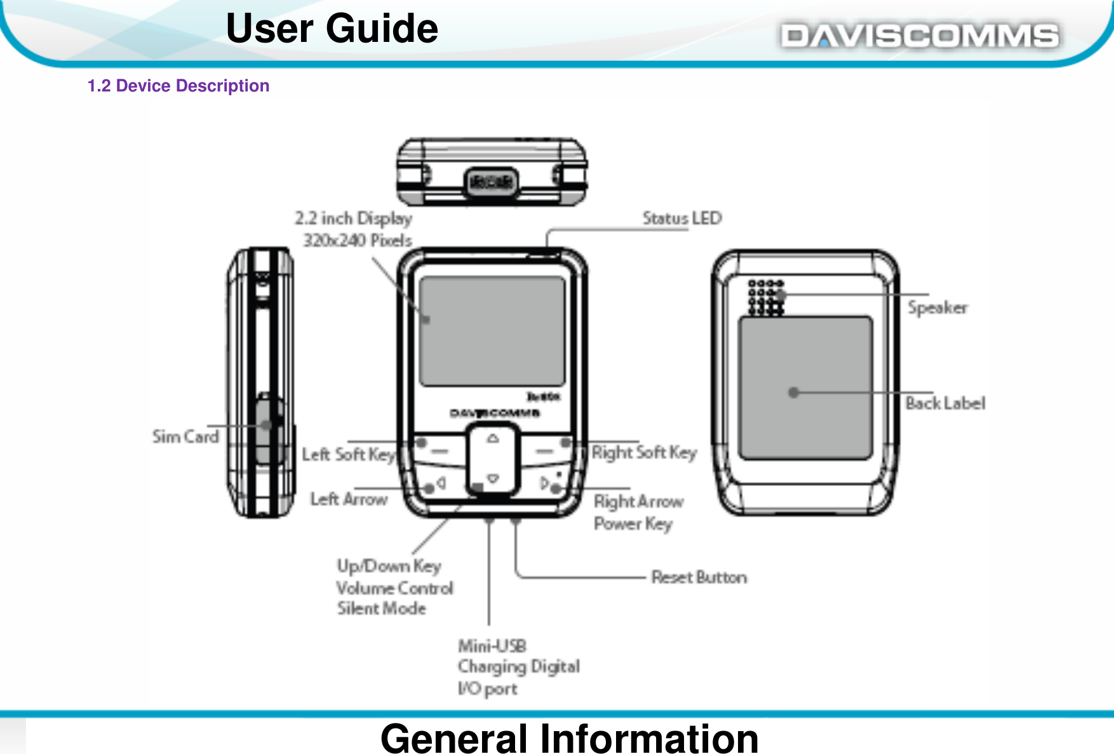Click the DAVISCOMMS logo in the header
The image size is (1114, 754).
point(919,36)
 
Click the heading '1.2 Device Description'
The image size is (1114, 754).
point(178,86)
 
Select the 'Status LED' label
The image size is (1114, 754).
point(681,218)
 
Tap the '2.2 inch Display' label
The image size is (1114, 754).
point(352,219)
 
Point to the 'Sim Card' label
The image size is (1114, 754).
point(185,436)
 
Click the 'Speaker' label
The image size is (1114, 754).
point(937,307)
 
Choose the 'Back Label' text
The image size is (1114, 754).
point(945,403)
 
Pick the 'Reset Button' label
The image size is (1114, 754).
point(699,577)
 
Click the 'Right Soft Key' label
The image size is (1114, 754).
point(643,452)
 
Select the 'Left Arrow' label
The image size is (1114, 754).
point(349,499)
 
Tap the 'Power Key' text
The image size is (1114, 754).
point(633,524)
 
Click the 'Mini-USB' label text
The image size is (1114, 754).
point(492,646)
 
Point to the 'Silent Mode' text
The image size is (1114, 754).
point(381,609)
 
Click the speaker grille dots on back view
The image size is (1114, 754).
point(766,297)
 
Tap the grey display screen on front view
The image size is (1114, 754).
point(492,330)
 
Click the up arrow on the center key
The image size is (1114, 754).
point(493,438)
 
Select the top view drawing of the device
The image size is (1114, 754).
point(492,172)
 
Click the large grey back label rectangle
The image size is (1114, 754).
point(805,387)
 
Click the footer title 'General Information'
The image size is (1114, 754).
point(569,738)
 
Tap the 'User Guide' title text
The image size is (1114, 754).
point(332,29)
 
